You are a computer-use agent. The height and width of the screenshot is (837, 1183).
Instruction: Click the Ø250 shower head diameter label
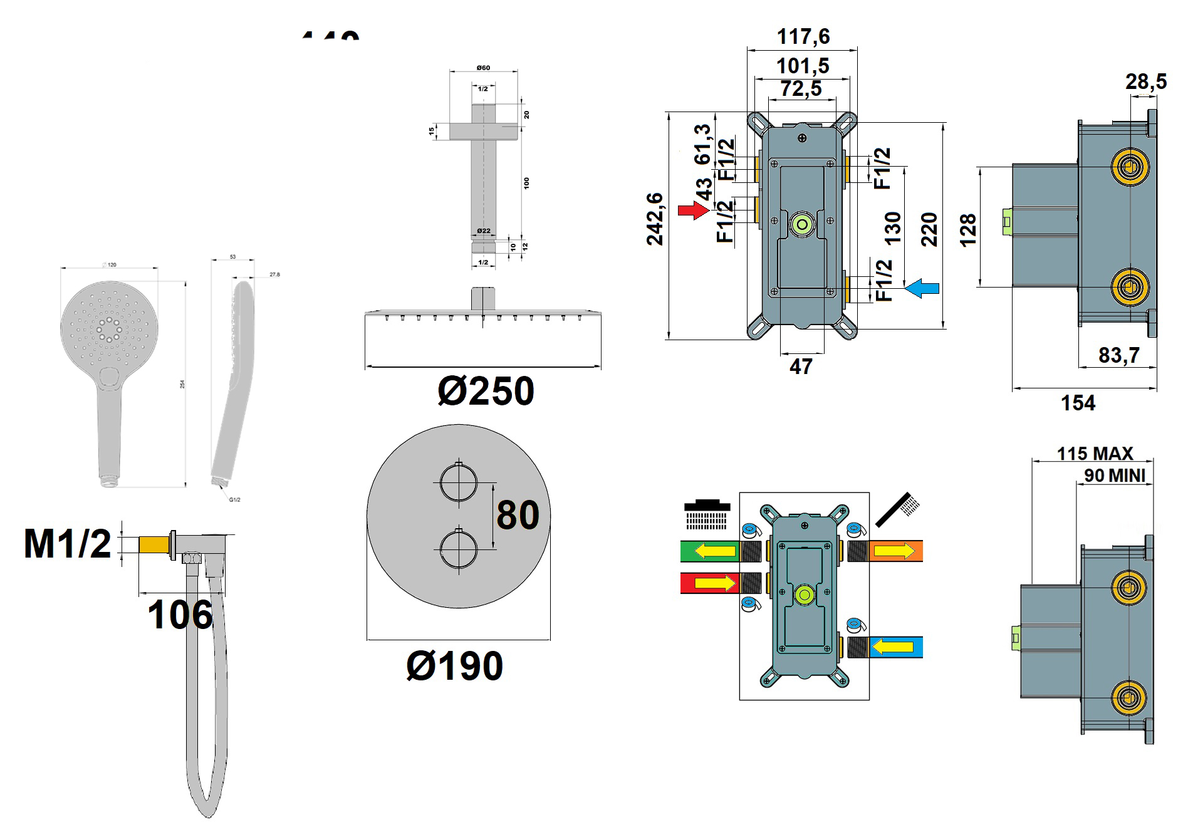(486, 392)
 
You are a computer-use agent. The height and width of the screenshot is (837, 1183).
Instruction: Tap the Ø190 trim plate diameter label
(454, 666)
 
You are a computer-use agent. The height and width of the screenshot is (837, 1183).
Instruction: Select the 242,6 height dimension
(654, 219)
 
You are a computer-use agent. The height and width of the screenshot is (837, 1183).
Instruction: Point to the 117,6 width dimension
(803, 36)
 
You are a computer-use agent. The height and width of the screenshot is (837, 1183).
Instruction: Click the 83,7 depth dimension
(1118, 355)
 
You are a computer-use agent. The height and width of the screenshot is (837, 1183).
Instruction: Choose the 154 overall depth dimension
(1078, 403)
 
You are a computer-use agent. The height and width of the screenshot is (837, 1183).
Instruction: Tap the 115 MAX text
(1095, 453)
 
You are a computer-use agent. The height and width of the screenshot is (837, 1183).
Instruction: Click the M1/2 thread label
(67, 543)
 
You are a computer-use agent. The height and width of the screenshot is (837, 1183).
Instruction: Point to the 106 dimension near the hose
(180, 615)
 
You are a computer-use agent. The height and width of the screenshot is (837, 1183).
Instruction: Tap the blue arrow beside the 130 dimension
(923, 288)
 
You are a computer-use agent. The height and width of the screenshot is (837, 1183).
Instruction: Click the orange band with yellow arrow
(896, 551)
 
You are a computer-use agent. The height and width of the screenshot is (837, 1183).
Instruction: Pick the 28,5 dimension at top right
(1146, 81)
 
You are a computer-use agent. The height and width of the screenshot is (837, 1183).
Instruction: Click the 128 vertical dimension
(968, 230)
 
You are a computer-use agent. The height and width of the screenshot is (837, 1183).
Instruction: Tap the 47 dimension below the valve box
(801, 367)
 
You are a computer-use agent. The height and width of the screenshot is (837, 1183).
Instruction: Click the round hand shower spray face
(110, 328)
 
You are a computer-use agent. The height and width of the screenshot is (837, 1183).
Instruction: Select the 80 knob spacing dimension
(518, 515)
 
